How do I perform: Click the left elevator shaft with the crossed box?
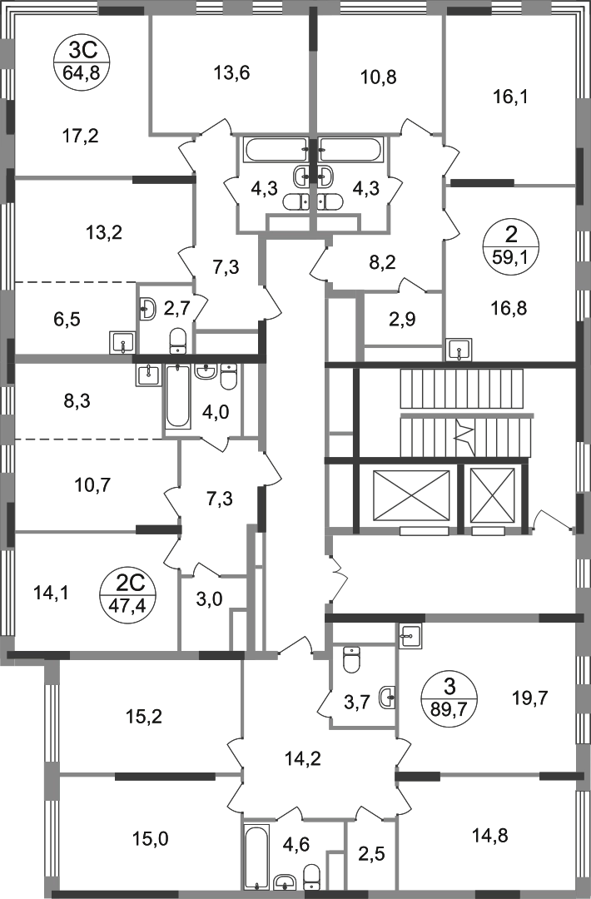[x=409, y=494]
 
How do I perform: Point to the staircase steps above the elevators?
[x=466, y=390]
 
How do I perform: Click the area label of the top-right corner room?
[x=509, y=98]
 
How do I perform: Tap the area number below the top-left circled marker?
[x=81, y=136]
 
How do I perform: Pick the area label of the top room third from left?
[x=379, y=77]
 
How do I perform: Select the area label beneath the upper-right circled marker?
[x=510, y=312]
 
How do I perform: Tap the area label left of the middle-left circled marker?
[x=49, y=593]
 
